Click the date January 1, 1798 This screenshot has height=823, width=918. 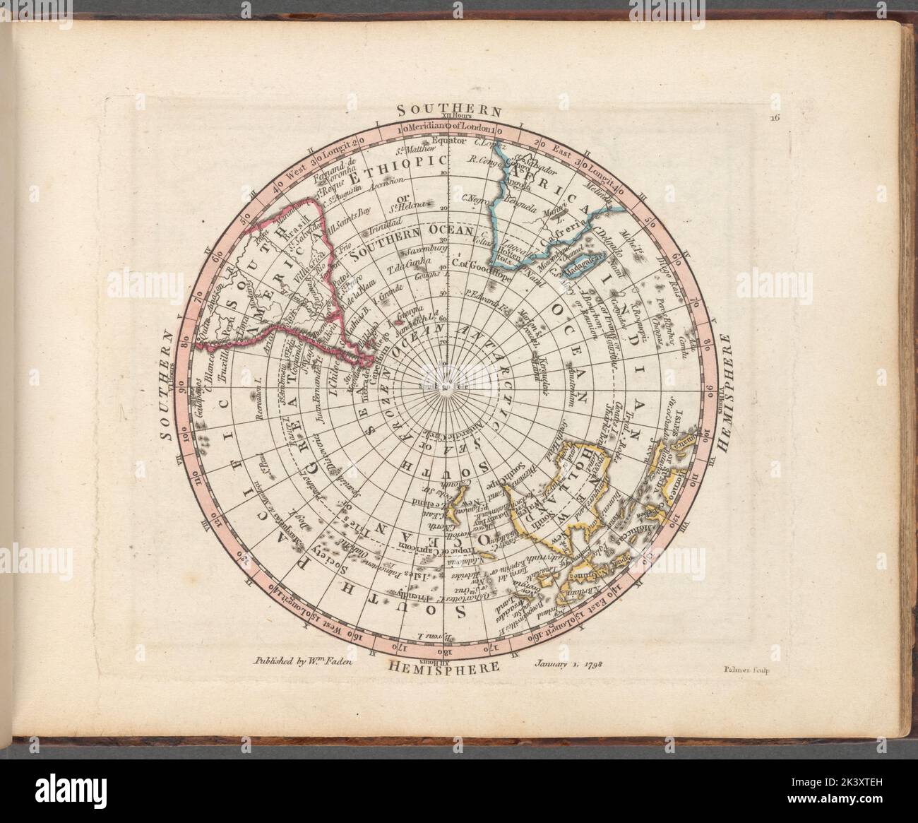563,663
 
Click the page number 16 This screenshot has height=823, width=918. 775,119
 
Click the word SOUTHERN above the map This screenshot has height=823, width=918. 448,109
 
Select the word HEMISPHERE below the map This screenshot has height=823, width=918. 443,666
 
